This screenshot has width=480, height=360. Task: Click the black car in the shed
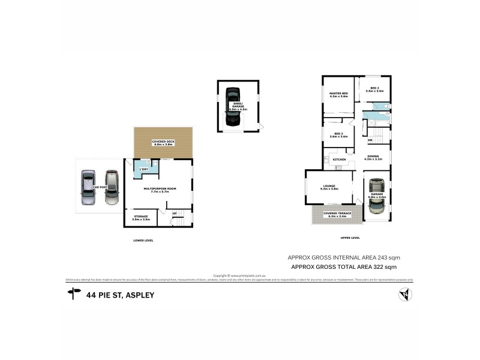(x=232, y=108)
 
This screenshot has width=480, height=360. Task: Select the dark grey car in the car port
(x=111, y=188)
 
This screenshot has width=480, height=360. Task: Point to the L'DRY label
(x=144, y=169)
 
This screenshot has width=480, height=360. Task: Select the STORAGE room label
(x=141, y=217)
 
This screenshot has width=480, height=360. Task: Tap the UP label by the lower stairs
(x=175, y=213)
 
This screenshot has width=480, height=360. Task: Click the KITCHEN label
(x=339, y=159)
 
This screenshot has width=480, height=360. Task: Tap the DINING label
(x=373, y=158)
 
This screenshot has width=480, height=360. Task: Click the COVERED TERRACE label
(x=334, y=214)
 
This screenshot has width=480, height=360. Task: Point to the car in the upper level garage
(x=376, y=196)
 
